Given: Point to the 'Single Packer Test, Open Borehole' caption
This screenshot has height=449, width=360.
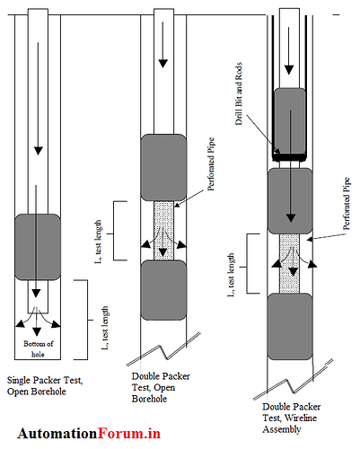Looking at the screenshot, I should pos(44,386).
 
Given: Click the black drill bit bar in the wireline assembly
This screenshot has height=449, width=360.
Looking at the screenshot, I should pos(290,157).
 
